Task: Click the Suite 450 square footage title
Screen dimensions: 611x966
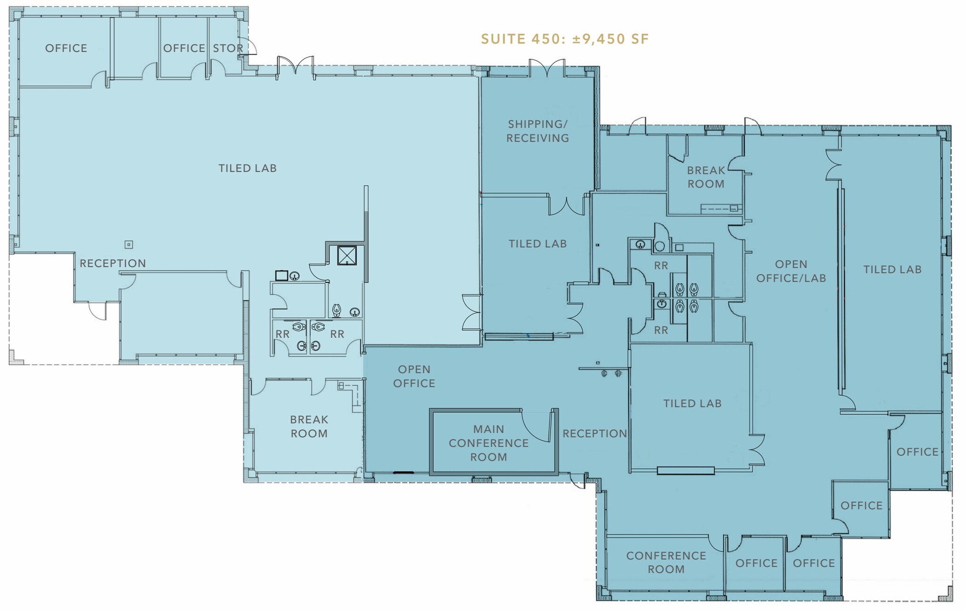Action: click(565, 39)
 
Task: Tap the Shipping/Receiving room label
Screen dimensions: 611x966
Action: click(538, 131)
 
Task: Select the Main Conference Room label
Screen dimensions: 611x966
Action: click(489, 443)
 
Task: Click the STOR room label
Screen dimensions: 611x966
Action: click(228, 48)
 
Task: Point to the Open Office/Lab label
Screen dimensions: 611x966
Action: click(791, 271)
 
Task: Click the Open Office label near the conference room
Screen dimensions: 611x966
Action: click(414, 376)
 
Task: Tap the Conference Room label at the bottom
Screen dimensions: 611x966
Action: click(666, 562)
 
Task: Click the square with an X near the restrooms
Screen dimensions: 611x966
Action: click(347, 255)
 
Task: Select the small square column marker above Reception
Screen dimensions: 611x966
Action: click(128, 244)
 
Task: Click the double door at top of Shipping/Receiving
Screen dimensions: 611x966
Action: click(547, 68)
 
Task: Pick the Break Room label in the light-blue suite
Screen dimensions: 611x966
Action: click(309, 426)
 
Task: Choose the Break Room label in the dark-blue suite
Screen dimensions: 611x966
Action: click(706, 177)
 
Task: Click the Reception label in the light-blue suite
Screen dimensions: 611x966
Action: click(113, 263)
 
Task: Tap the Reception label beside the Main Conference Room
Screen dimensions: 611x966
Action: click(595, 433)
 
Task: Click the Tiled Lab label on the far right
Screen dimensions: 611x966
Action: click(892, 269)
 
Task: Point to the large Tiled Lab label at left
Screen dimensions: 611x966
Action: click(248, 168)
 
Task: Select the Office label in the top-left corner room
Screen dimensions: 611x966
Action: click(66, 48)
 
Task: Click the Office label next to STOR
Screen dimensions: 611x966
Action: click(184, 48)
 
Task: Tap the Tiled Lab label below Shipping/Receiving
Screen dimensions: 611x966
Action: click(538, 244)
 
